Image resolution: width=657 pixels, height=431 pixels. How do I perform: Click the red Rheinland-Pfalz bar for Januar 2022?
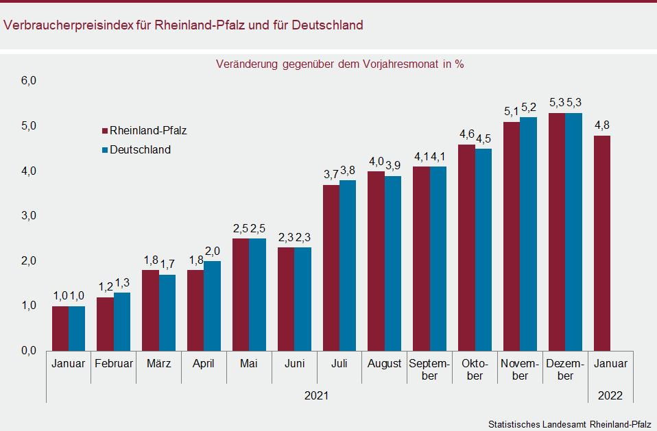(x=601, y=243)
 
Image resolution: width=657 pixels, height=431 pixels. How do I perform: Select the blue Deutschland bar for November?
(x=528, y=234)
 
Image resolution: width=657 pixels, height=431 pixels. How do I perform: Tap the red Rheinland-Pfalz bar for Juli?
(x=331, y=267)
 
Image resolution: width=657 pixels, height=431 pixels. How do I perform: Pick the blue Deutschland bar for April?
(x=213, y=306)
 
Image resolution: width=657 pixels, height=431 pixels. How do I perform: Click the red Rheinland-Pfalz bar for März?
(x=151, y=310)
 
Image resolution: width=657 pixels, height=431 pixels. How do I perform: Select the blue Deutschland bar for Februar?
(x=122, y=321)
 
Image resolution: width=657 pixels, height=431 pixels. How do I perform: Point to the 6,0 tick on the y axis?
(x=28, y=81)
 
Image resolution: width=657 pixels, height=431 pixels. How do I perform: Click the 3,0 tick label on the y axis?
(x=28, y=216)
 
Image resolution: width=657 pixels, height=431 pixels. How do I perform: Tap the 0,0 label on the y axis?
(x=28, y=351)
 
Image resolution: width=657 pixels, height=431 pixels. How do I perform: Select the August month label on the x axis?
(x=384, y=364)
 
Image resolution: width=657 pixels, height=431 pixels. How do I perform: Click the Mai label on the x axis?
(x=249, y=364)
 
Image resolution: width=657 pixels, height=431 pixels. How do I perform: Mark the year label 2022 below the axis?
(x=610, y=395)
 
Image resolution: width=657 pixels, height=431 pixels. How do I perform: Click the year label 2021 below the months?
(x=317, y=395)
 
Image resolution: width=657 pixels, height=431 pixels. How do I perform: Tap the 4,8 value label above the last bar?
(x=601, y=125)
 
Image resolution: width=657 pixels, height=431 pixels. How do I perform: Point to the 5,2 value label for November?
(x=529, y=108)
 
